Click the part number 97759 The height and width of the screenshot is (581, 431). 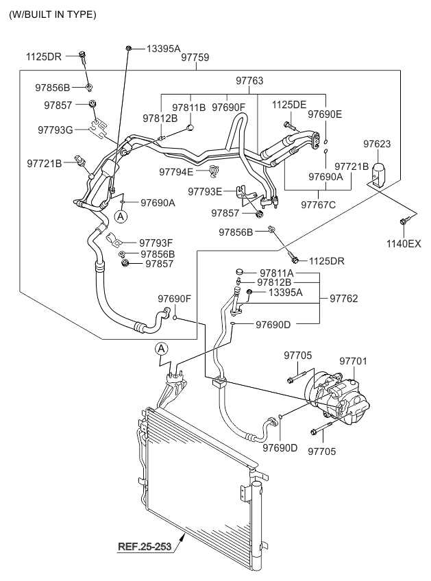195,58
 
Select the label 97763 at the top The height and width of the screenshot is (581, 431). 249,81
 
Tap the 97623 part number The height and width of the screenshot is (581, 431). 377,144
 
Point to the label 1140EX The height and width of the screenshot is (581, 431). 403,243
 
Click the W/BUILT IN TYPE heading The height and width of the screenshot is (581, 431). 52,14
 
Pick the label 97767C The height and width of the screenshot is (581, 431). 318,205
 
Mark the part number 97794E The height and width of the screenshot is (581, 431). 177,171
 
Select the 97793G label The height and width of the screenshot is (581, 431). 56,129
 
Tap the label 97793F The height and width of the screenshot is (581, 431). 156,242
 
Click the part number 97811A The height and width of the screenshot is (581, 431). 276,272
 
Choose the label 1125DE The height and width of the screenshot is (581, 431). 289,104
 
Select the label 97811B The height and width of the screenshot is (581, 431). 188,107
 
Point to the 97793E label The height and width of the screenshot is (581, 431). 206,191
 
